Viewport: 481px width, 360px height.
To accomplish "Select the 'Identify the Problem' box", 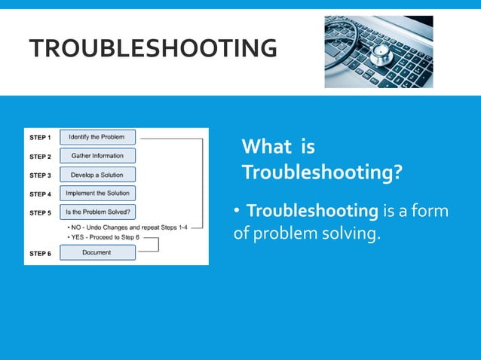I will [x=97, y=138].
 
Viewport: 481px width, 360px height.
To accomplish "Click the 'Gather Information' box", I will [x=97, y=156].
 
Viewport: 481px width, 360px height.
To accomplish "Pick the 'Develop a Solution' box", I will [x=97, y=175].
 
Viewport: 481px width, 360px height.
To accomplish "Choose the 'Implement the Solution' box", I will [x=97, y=194].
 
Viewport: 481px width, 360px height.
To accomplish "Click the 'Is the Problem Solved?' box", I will [x=97, y=212].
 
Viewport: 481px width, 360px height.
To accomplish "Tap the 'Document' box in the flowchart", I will [x=97, y=252].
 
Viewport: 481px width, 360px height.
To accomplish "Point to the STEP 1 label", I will [x=40, y=138].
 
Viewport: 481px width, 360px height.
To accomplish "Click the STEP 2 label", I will [x=40, y=157].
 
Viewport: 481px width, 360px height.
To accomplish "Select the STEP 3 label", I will [x=40, y=175].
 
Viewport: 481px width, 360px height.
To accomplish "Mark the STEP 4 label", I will [x=40, y=194].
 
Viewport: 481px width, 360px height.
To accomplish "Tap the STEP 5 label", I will [x=40, y=213].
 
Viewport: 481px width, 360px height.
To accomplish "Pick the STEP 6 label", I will [x=40, y=253].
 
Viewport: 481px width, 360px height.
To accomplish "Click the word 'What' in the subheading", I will [x=264, y=147].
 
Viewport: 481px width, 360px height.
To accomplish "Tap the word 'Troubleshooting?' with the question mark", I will [x=321, y=173].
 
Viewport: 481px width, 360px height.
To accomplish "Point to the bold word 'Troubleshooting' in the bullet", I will [x=311, y=211].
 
